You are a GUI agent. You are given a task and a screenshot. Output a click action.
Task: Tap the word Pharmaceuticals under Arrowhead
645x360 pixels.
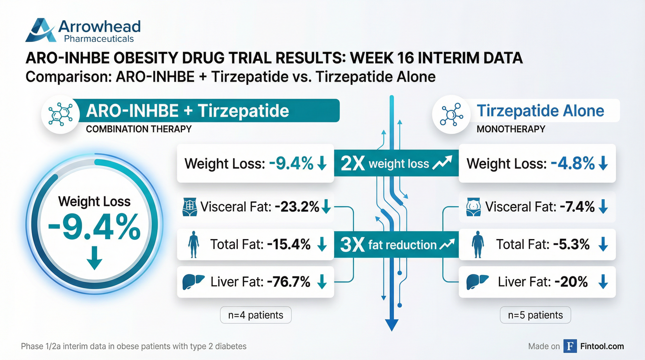pos(99,39)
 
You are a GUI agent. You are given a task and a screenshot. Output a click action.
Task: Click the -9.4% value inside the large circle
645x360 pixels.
pos(94,227)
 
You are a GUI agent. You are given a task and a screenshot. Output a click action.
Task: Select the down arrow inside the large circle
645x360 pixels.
pos(94,258)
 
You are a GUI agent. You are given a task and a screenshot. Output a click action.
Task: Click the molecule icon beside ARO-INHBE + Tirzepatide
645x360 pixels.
pos(60,115)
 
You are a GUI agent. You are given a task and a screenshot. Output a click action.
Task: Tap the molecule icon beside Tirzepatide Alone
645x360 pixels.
pos(451,115)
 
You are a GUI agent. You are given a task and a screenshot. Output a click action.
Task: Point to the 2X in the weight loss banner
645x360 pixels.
pos(352,164)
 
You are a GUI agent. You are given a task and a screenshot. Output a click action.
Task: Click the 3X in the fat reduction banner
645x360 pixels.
pos(352,244)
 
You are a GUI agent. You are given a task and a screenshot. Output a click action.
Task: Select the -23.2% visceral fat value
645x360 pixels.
pos(297,207)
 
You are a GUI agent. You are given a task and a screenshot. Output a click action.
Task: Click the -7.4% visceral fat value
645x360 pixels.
pos(577,207)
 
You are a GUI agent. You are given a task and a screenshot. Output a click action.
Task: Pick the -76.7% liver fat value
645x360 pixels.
pos(289,282)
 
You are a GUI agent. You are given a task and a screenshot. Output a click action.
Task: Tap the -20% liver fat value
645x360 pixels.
pos(571,282)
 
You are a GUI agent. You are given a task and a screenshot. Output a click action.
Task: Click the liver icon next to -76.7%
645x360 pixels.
pos(193,282)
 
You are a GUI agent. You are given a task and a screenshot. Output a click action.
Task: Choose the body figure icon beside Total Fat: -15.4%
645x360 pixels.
pos(193,244)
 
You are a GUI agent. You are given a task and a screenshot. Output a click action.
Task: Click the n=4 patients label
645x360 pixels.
pos(256,315)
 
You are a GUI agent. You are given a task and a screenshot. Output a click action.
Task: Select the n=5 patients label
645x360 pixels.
pos(535,315)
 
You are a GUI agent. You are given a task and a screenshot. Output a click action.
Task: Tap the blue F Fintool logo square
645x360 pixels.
pos(570,346)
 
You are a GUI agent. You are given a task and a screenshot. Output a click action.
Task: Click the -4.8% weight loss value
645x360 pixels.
pos(573,164)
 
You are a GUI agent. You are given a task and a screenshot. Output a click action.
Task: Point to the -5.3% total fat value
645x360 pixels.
pos(571,244)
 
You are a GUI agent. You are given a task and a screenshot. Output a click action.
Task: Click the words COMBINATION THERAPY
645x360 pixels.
pos(139,129)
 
